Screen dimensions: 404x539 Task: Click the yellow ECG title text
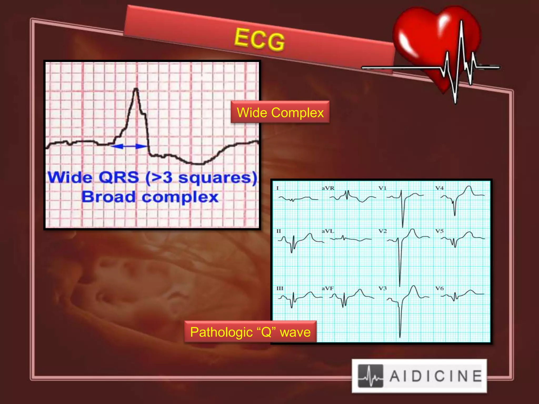[259, 39]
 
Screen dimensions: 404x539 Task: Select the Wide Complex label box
[280, 112]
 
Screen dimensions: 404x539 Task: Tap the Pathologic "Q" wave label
[250, 332]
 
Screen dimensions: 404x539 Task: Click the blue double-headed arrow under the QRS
[129, 146]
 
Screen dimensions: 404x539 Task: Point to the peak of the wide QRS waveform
[136, 89]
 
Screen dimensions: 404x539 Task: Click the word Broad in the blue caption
[109, 197]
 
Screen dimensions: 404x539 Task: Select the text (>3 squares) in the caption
[201, 178]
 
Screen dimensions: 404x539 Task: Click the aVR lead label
[328, 188]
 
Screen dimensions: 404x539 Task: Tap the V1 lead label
[382, 188]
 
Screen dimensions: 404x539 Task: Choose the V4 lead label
[439, 188]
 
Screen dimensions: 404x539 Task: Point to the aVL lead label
[328, 231]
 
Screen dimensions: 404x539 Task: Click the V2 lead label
[383, 231]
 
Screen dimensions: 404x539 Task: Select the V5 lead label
[440, 231]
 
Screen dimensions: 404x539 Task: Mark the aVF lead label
[328, 288]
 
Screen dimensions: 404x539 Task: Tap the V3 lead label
[383, 288]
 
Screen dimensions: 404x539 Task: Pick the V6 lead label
[440, 288]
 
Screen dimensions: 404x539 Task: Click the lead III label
[280, 288]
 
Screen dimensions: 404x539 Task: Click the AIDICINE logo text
[436, 376]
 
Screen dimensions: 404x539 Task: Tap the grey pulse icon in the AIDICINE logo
[370, 376]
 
